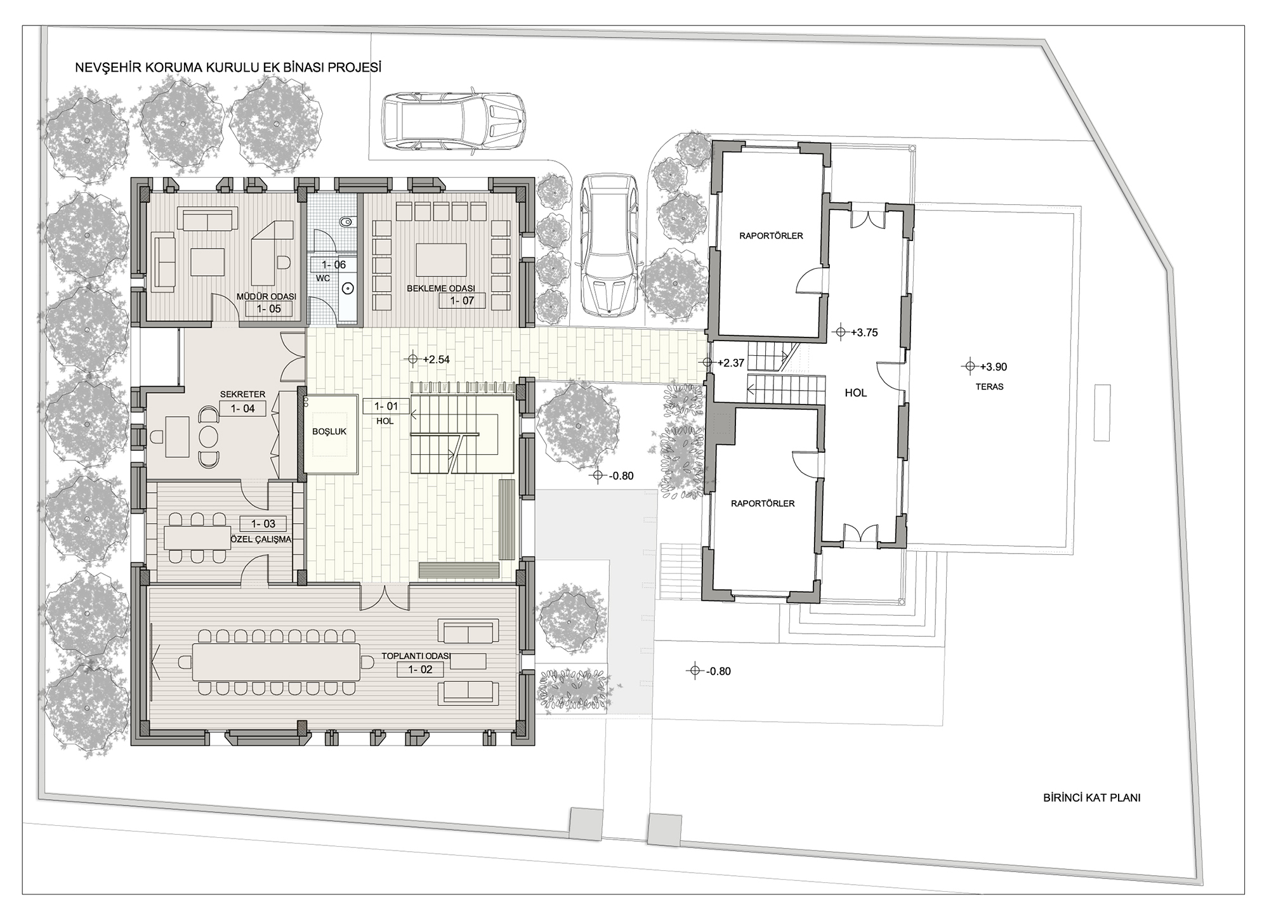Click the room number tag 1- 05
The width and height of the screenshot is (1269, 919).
tap(269, 309)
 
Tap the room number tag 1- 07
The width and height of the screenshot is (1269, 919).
tap(462, 301)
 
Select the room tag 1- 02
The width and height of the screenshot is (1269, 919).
tap(420, 670)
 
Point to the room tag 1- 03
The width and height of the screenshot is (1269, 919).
tap(263, 524)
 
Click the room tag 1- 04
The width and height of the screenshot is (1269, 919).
tap(243, 409)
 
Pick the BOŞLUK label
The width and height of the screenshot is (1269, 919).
tap(329, 432)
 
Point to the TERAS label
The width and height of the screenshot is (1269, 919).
tap(990, 387)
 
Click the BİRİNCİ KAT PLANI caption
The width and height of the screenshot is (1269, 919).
tap(1092, 798)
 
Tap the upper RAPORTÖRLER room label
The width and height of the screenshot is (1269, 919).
tap(771, 236)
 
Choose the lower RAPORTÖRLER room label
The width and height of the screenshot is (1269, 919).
tap(763, 504)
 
